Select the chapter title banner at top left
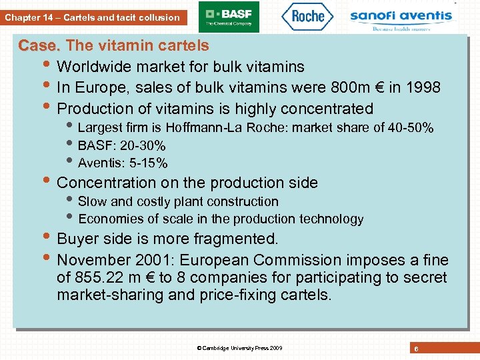click(x=93, y=17)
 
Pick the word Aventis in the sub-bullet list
click(x=99, y=163)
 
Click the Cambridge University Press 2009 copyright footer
click(x=240, y=348)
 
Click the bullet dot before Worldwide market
click(x=48, y=67)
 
